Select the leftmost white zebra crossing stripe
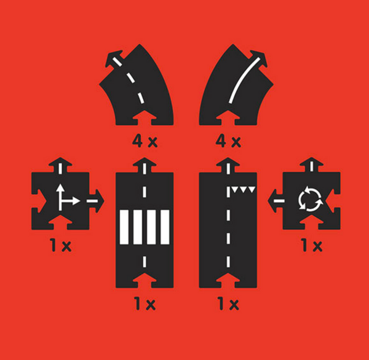(x=124, y=227)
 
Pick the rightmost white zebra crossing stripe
(x=165, y=227)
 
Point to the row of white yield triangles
(x=243, y=190)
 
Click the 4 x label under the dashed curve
(x=145, y=141)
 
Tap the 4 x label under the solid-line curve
(x=228, y=141)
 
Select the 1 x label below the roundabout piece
(x=312, y=246)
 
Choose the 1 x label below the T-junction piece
(x=61, y=246)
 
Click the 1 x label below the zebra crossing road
(x=145, y=303)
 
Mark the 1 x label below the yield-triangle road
(x=228, y=303)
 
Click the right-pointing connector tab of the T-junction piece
(x=96, y=201)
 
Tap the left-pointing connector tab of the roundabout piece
(x=276, y=201)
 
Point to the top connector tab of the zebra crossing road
(x=145, y=165)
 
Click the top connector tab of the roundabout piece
(x=312, y=165)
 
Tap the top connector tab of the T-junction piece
(x=60, y=165)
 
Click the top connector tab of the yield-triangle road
(x=228, y=165)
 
